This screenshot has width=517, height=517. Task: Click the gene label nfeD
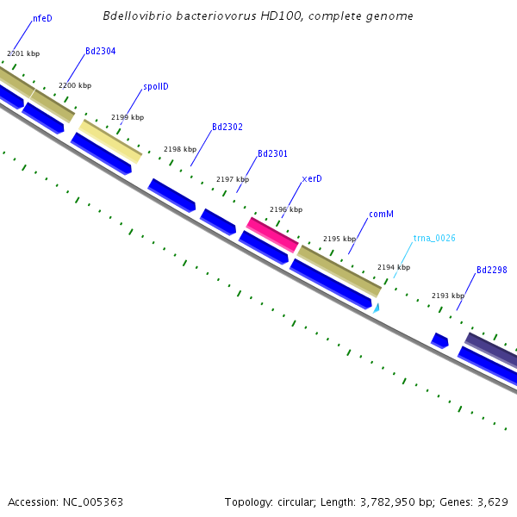pyautogui.click(x=42, y=18)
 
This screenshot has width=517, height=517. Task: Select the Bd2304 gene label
pyautogui.click(x=101, y=52)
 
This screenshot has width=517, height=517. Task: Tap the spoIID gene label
pyautogui.click(x=155, y=87)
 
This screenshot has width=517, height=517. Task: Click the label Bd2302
pyautogui.click(x=227, y=127)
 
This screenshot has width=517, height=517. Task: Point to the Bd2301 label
pyautogui.click(x=272, y=153)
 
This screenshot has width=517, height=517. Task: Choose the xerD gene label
pyautogui.click(x=312, y=179)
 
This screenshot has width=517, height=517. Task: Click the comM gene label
pyautogui.click(x=381, y=214)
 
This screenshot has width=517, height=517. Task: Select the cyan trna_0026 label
pyautogui.click(x=434, y=238)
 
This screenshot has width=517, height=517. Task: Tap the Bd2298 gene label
pyautogui.click(x=491, y=270)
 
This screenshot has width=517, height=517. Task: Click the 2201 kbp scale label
pyautogui.click(x=23, y=53)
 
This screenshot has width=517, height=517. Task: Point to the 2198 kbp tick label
pyautogui.click(x=180, y=149)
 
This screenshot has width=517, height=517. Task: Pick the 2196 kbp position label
pyautogui.click(x=286, y=209)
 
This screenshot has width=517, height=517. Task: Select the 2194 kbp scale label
pyautogui.click(x=394, y=267)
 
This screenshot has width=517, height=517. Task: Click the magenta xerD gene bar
pyautogui.click(x=272, y=234)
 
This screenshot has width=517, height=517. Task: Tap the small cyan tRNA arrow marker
pyautogui.click(x=377, y=307)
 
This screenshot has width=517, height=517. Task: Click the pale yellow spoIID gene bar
pyautogui.click(x=110, y=141)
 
